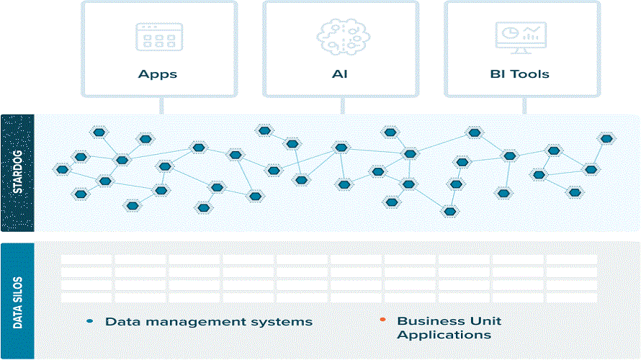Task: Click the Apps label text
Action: [158, 74]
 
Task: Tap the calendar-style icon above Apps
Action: [159, 37]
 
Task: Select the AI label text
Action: [340, 74]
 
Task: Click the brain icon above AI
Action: [343, 37]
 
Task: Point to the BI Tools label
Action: [519, 74]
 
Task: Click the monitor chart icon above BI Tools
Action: [521, 37]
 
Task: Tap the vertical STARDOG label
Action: [17, 172]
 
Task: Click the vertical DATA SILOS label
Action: [17, 303]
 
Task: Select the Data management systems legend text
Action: [208, 322]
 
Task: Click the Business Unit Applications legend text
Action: [449, 328]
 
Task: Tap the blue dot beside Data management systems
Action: [90, 321]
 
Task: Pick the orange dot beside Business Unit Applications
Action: [382, 320]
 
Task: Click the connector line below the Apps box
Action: [161, 106]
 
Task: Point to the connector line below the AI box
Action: [343, 106]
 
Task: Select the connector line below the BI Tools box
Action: [524, 106]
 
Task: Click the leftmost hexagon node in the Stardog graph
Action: [62, 169]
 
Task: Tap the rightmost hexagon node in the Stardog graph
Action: [606, 138]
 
